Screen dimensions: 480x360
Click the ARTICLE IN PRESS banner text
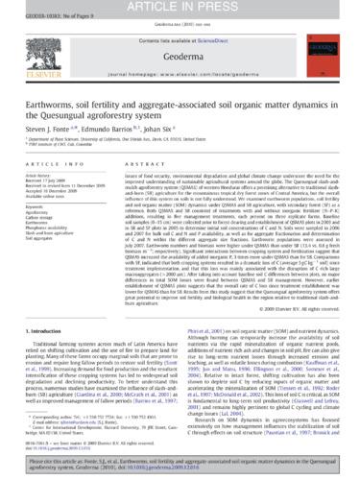pos(180,10)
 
